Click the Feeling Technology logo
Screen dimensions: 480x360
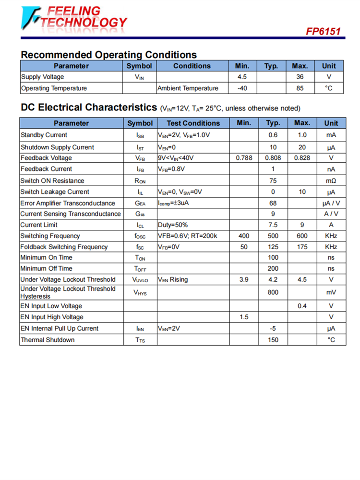pos(74,18)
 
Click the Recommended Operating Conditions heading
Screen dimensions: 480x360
pos(108,55)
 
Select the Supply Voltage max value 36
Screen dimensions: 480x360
pos(300,77)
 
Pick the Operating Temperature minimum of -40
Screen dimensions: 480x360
pos(242,88)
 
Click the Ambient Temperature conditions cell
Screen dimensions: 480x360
pos(188,88)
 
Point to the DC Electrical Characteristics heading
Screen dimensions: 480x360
pos(89,108)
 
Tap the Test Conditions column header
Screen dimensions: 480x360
pos(193,123)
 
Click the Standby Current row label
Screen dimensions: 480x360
pos(44,135)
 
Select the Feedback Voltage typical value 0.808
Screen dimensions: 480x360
pos(273,158)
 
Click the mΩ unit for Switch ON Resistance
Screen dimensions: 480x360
pos(331,181)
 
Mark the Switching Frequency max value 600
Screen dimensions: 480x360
pos(302,236)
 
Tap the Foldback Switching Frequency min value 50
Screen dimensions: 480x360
pos(244,247)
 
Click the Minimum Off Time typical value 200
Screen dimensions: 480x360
pos(273,268)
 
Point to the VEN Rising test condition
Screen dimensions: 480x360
pos(173,279)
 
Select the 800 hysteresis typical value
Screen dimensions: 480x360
pos(273,292)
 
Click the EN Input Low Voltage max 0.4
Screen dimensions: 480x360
pos(302,306)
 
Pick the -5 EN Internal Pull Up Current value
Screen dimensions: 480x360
pos(273,328)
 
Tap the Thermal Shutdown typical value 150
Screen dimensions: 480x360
pos(273,340)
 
